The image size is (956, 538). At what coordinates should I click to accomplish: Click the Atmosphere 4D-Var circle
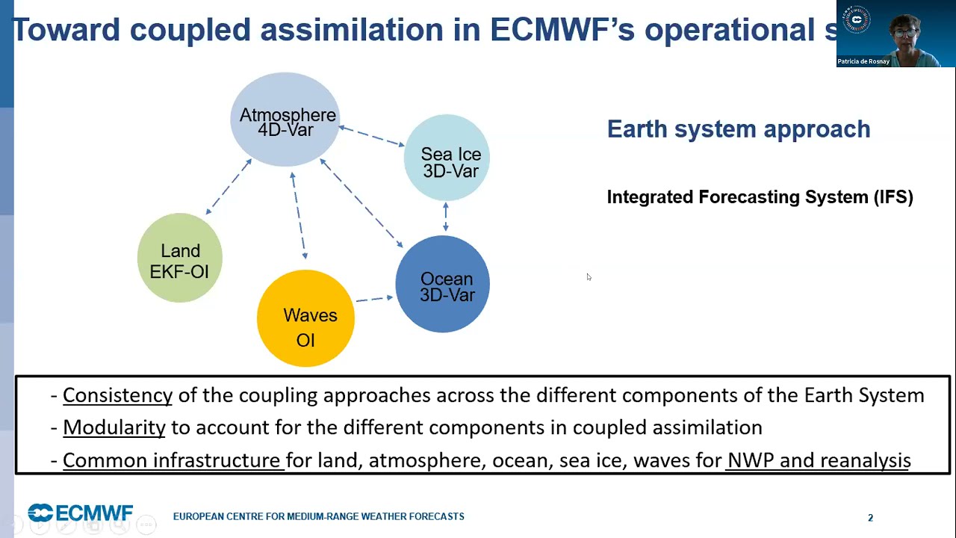(x=285, y=119)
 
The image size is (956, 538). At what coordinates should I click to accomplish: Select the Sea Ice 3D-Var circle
(x=447, y=158)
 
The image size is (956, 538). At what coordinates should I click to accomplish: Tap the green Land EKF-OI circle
(x=180, y=258)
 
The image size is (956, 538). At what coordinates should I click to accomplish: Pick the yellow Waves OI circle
(x=305, y=318)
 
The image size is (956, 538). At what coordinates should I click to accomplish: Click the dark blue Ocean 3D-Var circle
(x=443, y=284)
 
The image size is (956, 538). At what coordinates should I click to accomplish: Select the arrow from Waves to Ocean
(x=375, y=298)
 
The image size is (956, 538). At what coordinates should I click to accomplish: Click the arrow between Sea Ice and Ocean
(x=446, y=217)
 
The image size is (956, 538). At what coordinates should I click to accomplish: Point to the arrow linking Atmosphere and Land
(x=229, y=186)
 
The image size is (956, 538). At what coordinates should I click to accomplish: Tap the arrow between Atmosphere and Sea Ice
(x=372, y=136)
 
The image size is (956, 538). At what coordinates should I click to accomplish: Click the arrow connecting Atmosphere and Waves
(x=299, y=215)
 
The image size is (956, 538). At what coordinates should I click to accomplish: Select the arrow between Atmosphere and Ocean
(x=361, y=202)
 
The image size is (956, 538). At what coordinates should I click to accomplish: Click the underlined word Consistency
(x=118, y=395)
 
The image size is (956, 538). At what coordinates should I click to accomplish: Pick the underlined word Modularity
(x=114, y=428)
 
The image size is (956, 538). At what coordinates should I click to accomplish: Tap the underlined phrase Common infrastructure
(x=172, y=460)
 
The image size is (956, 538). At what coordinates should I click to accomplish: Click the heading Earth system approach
(x=739, y=129)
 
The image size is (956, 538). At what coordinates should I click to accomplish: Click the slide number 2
(x=870, y=518)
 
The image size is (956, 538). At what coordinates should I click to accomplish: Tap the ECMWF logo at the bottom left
(x=80, y=513)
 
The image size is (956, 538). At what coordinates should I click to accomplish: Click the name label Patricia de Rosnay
(x=863, y=61)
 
